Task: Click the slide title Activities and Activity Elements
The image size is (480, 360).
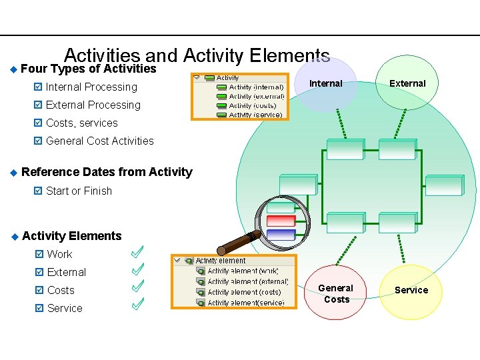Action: point(197,55)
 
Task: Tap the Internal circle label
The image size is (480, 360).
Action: point(326,84)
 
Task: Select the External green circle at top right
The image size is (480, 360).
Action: point(407,83)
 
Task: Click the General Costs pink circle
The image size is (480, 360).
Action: point(337,293)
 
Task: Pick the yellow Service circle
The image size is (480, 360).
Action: point(411,290)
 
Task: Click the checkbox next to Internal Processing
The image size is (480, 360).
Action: point(37,87)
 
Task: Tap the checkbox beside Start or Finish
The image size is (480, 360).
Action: point(37,191)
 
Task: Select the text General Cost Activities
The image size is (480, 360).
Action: point(100,141)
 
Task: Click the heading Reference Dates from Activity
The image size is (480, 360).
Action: point(107,172)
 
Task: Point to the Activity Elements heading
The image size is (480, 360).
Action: point(72,236)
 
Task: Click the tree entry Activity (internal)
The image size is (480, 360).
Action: point(256,87)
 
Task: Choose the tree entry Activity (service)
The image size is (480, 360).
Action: point(255,115)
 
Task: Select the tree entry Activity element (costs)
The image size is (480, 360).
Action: point(244,292)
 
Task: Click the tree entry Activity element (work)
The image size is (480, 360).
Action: point(243,271)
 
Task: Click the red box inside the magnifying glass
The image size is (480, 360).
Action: point(281,221)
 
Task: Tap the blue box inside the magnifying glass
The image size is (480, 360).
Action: point(281,234)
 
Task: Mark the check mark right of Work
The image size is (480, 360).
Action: point(138,252)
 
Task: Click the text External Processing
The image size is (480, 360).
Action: point(93,105)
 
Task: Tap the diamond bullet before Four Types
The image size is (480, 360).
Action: point(13,69)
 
